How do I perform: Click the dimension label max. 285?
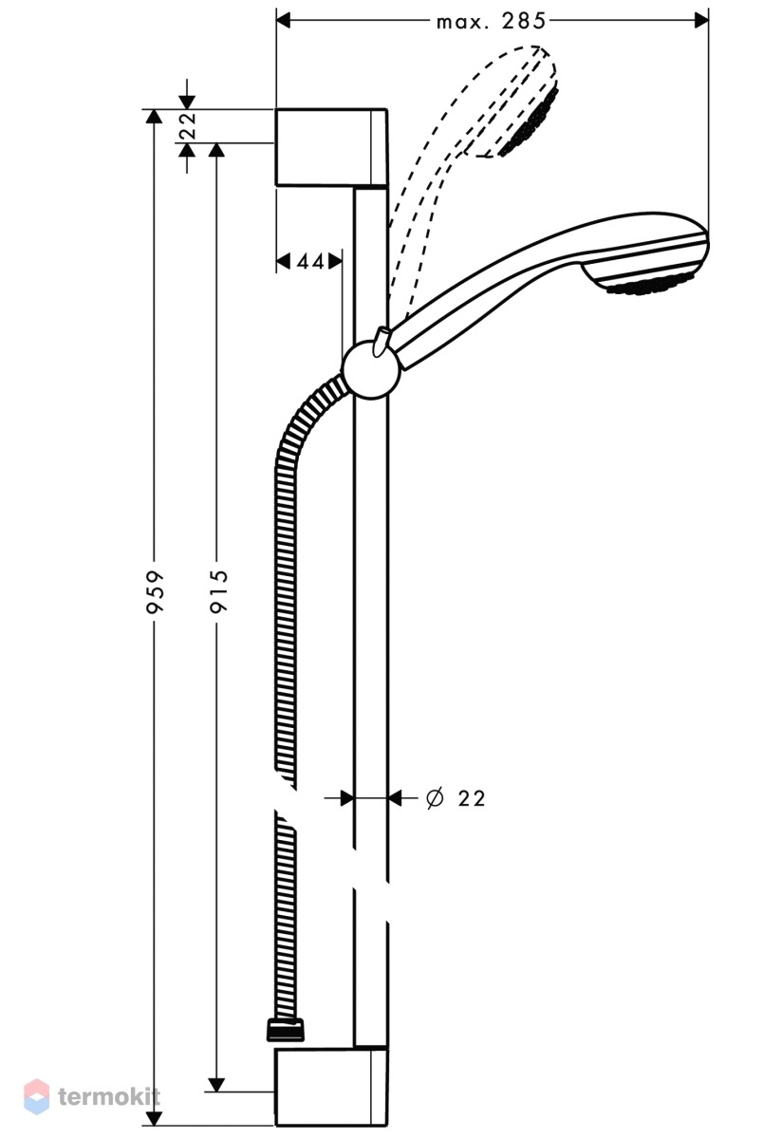tap(491, 21)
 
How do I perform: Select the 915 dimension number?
tap(219, 590)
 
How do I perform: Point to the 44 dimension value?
tap(310, 261)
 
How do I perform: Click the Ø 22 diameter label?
tap(456, 798)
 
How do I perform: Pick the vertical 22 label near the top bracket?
tap(188, 125)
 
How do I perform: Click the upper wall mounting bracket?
tap(331, 147)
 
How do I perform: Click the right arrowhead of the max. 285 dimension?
tap(701, 21)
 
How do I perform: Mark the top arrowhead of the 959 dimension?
tap(154, 117)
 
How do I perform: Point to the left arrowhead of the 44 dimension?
tap(283, 261)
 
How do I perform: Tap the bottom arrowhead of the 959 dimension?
tap(154, 1118)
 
